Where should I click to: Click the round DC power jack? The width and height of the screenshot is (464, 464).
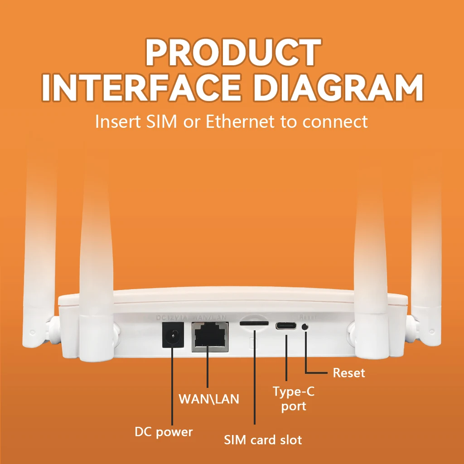point(172,338)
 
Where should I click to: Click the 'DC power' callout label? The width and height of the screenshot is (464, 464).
point(164,432)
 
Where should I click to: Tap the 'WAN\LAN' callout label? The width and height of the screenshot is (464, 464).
point(209,399)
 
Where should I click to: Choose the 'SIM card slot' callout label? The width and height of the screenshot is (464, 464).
point(263,440)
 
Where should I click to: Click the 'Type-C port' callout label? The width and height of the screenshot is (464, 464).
point(294,399)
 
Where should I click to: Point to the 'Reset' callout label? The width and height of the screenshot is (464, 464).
point(349,373)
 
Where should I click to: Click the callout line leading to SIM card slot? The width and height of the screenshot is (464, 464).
point(255,381)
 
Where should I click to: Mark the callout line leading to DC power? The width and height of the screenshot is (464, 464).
point(172,390)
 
